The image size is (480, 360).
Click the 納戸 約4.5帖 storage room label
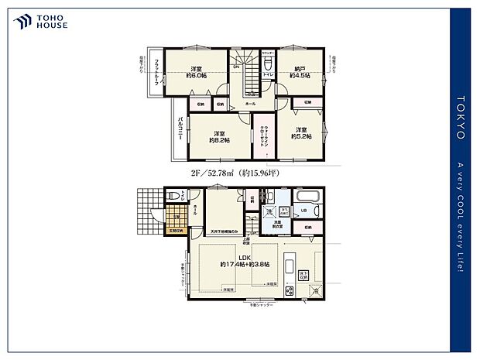(x=299, y=73)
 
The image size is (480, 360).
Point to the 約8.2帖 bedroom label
(x=219, y=137)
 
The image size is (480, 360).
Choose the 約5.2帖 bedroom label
(x=301, y=132)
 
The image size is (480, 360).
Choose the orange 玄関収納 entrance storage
(x=176, y=230)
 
